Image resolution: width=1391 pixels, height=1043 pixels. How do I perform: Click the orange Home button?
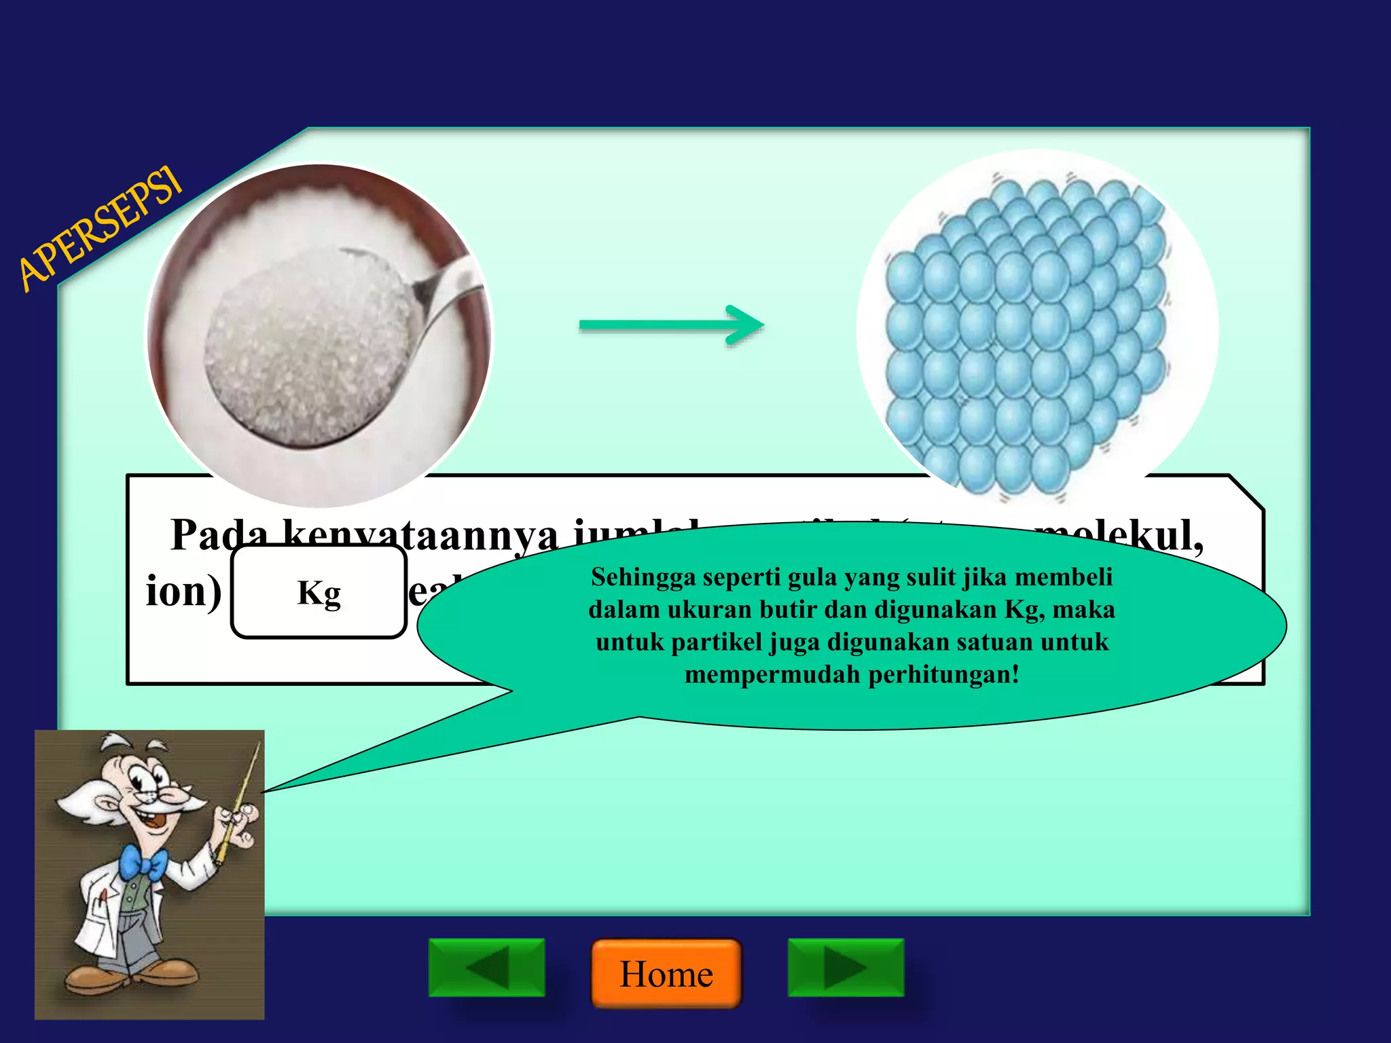tap(666, 973)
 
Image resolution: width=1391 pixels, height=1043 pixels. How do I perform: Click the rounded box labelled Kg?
tap(319, 591)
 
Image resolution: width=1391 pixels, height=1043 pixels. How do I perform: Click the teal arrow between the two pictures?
tap(671, 325)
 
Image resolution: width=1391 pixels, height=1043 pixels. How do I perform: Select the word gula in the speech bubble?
tap(812, 577)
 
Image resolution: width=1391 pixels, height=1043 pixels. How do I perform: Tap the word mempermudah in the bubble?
tap(772, 674)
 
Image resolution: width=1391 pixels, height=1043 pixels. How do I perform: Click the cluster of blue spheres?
tap(1026, 333)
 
